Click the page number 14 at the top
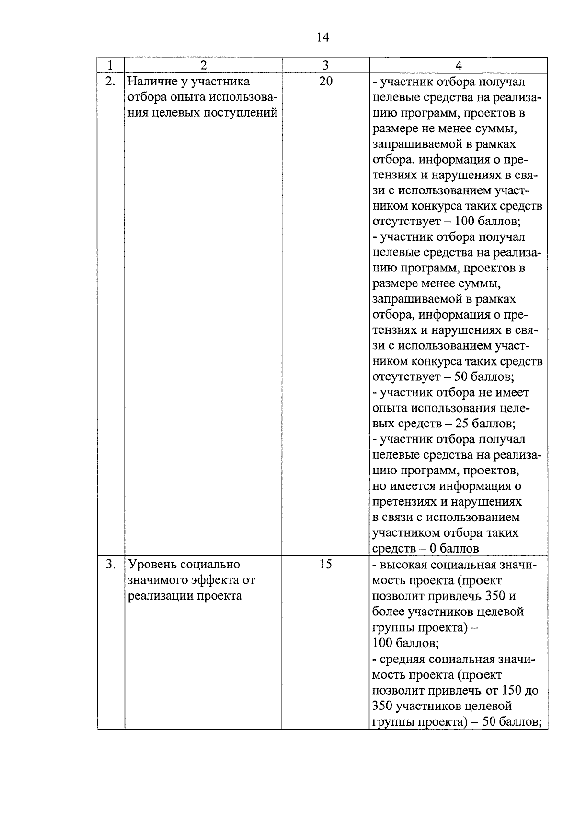click(x=322, y=37)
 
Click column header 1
click(x=111, y=65)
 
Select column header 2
click(x=203, y=65)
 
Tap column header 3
click(x=325, y=65)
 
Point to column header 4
click(x=458, y=65)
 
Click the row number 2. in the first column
click(x=110, y=82)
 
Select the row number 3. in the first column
click(x=111, y=565)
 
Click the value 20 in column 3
click(x=325, y=82)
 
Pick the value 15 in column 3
click(x=325, y=565)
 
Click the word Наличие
click(x=151, y=82)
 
